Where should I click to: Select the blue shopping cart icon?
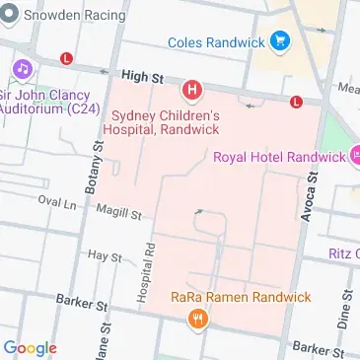282,41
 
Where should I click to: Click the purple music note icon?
20,71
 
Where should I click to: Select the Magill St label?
118,211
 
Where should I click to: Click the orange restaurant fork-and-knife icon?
200,318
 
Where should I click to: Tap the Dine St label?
345,311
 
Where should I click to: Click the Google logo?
31,347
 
